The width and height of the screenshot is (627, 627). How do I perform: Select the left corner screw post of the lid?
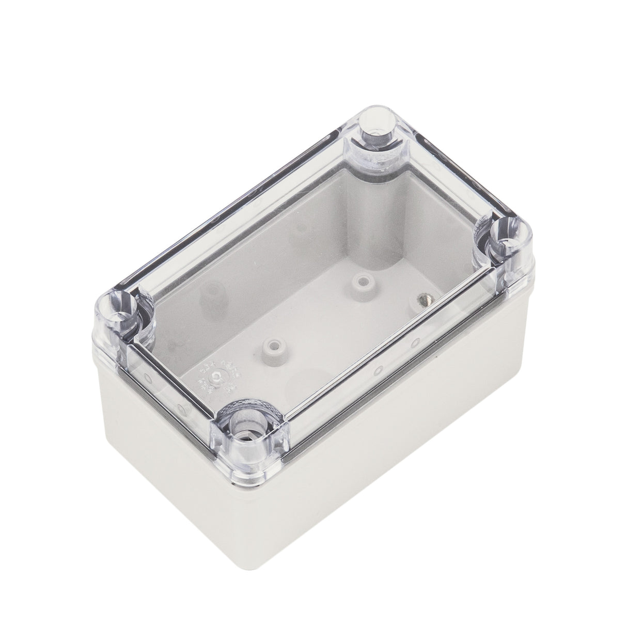(120, 316)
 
